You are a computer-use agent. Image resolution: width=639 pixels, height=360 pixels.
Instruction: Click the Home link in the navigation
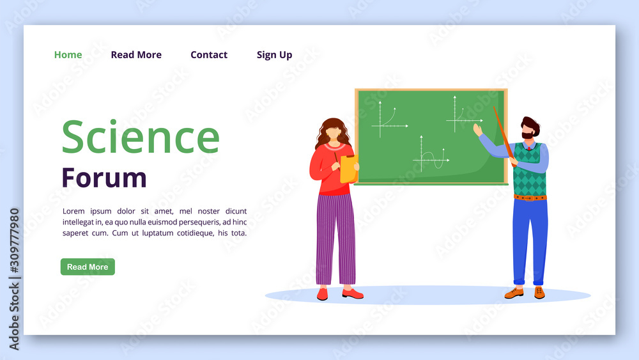pos(68,54)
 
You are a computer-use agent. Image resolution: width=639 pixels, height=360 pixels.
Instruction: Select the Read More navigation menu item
pos(136,54)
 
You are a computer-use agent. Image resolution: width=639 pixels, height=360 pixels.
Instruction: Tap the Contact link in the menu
pos(209,54)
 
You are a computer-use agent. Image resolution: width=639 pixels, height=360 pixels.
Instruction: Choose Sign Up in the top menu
pos(274,55)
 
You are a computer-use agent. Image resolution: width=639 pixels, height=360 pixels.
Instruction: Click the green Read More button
pos(88,267)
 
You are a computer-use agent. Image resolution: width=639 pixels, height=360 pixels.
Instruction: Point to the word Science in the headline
pos(141,137)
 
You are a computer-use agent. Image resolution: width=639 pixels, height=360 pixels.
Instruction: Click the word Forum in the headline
pos(104,178)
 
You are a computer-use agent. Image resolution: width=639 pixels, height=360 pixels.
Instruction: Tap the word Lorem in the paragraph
pos(73,211)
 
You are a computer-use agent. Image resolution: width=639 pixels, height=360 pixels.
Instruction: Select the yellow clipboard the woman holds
pos(350,169)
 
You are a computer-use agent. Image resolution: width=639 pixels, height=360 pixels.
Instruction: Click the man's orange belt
pos(530,198)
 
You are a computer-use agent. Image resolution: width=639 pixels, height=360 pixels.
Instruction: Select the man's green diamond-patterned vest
pos(529,169)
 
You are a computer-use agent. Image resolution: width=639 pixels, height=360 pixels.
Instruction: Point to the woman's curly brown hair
pos(332,131)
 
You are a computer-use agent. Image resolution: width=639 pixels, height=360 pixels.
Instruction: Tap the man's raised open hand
pos(477,130)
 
